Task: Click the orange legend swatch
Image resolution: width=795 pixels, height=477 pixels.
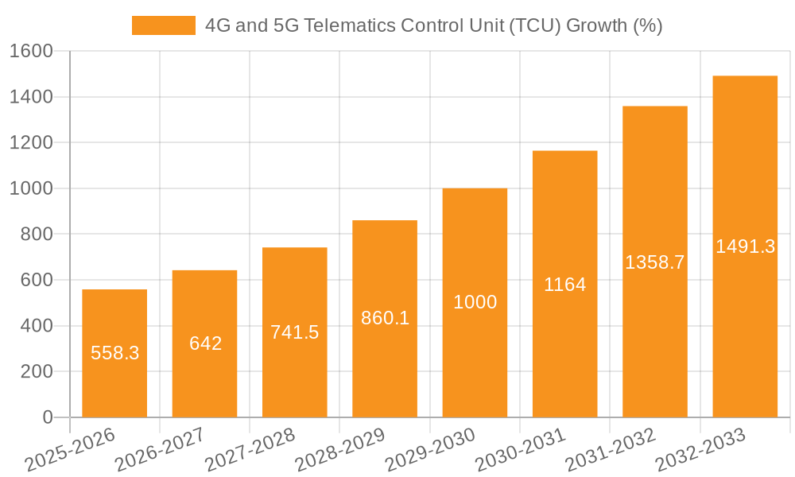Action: [163, 25]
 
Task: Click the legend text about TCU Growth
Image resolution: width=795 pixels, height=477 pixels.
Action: [433, 25]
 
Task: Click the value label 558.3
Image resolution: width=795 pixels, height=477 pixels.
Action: [114, 353]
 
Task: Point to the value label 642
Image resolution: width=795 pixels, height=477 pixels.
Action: [205, 343]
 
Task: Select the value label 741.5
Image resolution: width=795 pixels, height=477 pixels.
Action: [295, 332]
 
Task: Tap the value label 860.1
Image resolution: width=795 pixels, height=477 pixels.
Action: [385, 318]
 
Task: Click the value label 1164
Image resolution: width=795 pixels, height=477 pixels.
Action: [564, 285]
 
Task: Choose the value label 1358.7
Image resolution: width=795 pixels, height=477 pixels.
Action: [654, 262]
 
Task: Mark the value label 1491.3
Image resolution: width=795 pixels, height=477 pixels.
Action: [745, 246]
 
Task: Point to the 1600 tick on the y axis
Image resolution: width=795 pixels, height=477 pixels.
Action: [31, 52]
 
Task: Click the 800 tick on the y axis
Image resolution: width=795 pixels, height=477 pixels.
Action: [37, 235]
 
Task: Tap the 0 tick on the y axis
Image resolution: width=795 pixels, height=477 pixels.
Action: [47, 417]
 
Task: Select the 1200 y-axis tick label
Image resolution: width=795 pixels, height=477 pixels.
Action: [31, 143]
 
